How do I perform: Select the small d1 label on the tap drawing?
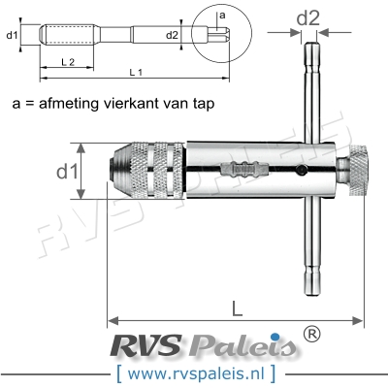point(13,37)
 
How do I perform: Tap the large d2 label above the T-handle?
point(308,16)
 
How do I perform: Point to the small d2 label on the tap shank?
point(173,36)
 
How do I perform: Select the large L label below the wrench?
point(238,307)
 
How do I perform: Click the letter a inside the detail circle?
point(221,16)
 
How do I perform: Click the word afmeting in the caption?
point(80,101)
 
